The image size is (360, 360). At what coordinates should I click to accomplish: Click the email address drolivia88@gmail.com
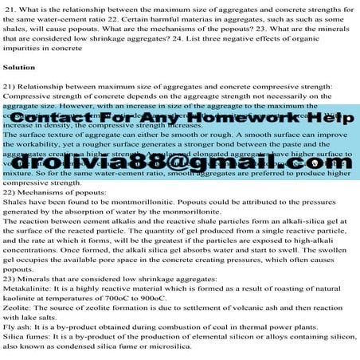(x=179, y=162)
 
